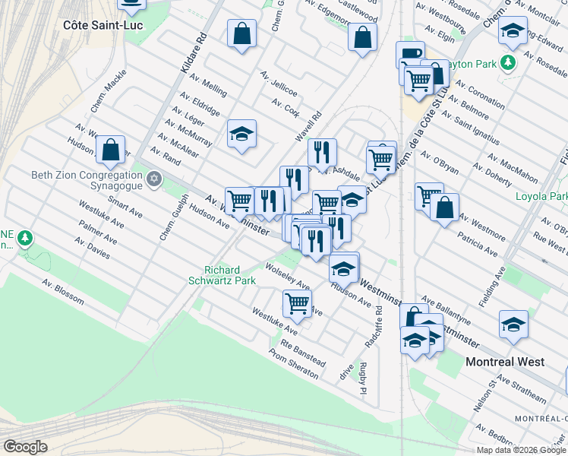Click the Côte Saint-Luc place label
(x=103, y=25)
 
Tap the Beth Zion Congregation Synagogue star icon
(x=154, y=177)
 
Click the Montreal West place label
(x=504, y=362)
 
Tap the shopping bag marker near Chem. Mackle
(x=111, y=149)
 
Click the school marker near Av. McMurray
(x=241, y=134)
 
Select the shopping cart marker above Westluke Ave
(x=297, y=302)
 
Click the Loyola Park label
(x=541, y=197)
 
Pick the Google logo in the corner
(x=24, y=446)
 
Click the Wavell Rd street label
(x=309, y=126)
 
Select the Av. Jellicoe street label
(x=278, y=84)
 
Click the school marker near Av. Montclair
(x=513, y=30)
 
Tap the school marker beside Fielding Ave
(x=513, y=324)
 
